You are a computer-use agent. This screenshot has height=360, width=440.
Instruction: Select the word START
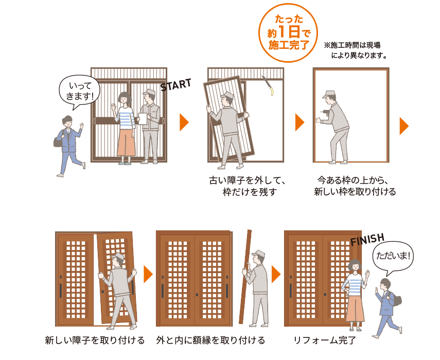(x=176, y=85)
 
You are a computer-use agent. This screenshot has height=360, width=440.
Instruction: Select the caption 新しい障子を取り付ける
(x=95, y=340)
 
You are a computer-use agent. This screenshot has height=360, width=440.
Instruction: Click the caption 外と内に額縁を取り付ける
(x=210, y=340)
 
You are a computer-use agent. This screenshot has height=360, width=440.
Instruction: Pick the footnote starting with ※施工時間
(x=355, y=50)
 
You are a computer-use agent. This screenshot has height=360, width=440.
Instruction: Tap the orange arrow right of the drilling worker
(x=404, y=126)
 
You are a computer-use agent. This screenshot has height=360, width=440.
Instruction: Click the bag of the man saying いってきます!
(x=58, y=140)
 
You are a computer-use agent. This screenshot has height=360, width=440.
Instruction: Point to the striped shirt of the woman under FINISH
(x=355, y=284)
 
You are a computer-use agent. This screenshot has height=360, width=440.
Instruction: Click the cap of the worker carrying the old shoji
(x=227, y=94)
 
